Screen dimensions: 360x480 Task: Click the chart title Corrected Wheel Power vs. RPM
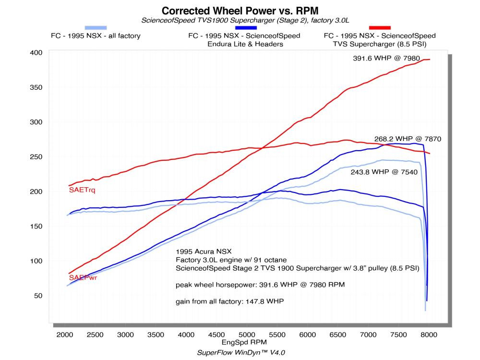(x=240, y=10)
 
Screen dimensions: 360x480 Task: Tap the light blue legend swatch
(x=96, y=28)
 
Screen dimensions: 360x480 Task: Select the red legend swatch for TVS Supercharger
(x=380, y=28)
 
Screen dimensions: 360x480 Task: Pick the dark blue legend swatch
(x=244, y=28)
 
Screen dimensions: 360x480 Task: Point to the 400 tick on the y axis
(x=39, y=52)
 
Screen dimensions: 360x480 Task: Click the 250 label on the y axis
(x=39, y=156)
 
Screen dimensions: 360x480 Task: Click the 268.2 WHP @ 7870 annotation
(x=408, y=139)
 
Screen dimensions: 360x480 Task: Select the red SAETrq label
(x=82, y=191)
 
